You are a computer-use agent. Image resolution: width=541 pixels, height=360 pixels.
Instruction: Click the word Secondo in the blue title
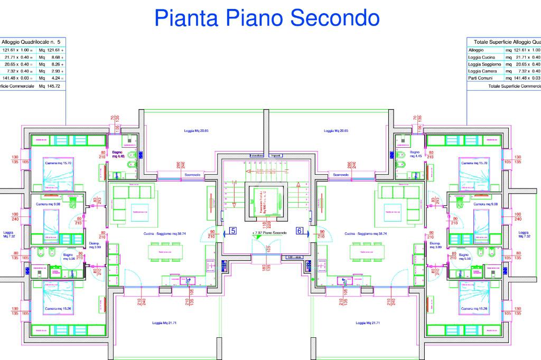click(335, 18)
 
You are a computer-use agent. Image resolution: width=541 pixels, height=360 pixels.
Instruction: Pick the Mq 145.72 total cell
click(50, 86)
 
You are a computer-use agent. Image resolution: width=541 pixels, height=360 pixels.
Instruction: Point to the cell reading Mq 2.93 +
click(52, 71)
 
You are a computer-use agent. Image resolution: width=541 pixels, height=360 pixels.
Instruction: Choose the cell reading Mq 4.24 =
click(52, 78)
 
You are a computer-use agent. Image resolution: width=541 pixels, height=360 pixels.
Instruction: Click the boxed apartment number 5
click(232, 231)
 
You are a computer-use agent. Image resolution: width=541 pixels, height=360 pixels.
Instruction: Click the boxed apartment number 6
click(299, 231)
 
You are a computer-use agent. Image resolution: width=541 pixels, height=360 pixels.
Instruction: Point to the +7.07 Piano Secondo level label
click(270, 233)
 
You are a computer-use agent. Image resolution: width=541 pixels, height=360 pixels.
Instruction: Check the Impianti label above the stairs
click(276, 156)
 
